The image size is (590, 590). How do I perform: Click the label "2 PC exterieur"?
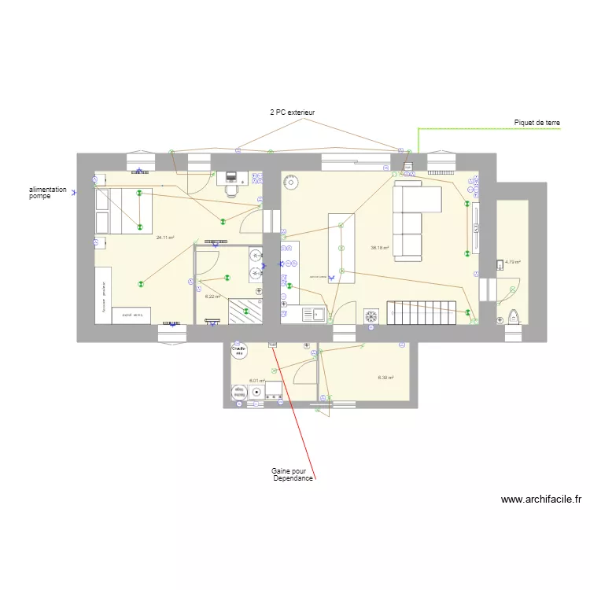(292, 113)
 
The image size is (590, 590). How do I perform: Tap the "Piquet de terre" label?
(537, 123)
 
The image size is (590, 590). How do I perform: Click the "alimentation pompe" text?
(48, 193)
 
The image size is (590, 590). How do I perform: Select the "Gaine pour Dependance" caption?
(293, 475)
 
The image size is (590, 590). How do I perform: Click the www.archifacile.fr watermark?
(540, 499)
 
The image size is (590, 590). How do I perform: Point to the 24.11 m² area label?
(165, 238)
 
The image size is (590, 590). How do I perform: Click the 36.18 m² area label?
(380, 248)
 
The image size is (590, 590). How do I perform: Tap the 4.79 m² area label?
(513, 262)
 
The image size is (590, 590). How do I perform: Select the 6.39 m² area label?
(385, 378)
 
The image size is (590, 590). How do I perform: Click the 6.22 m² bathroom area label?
(212, 297)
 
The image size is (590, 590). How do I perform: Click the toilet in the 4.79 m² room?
(514, 316)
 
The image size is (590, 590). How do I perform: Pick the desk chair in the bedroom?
(231, 189)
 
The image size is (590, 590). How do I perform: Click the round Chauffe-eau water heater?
(238, 351)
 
